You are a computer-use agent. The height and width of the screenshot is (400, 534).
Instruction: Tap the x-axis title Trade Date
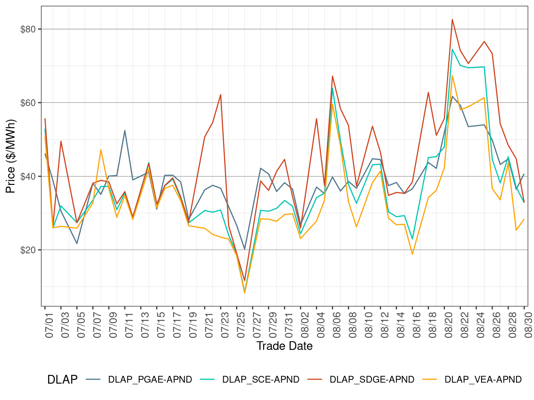click(x=284, y=346)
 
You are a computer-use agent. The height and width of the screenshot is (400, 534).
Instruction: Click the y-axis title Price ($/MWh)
click(x=10, y=156)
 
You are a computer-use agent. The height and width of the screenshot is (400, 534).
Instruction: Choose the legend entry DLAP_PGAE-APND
click(x=150, y=380)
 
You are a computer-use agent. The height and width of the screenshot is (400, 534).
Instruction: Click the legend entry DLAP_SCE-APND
click(x=261, y=380)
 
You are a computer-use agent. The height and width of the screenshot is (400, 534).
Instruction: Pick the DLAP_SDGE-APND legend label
click(x=372, y=380)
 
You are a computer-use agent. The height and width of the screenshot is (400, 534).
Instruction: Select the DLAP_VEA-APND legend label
click(x=483, y=380)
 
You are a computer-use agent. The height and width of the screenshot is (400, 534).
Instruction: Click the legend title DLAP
click(x=62, y=380)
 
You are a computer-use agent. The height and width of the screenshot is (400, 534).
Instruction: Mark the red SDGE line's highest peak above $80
click(x=452, y=19)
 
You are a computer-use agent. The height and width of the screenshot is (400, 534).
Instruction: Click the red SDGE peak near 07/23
click(x=221, y=94)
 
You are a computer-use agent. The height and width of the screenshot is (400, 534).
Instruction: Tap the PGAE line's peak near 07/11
click(x=125, y=131)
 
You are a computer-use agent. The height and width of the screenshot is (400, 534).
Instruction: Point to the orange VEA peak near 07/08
click(x=101, y=150)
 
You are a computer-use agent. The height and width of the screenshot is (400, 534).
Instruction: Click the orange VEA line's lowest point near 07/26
click(x=245, y=293)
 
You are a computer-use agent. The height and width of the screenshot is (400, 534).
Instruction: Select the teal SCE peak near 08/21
click(x=452, y=49)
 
